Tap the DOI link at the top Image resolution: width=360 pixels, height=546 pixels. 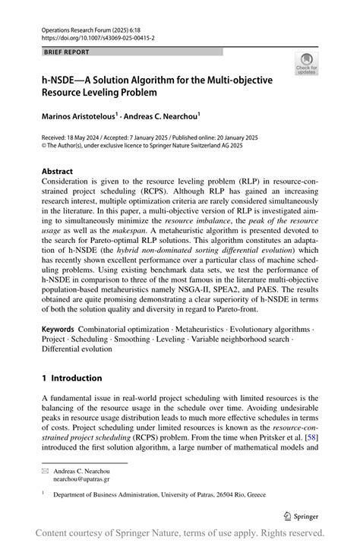[93, 36]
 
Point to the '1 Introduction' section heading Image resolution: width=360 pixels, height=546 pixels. [71, 377]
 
